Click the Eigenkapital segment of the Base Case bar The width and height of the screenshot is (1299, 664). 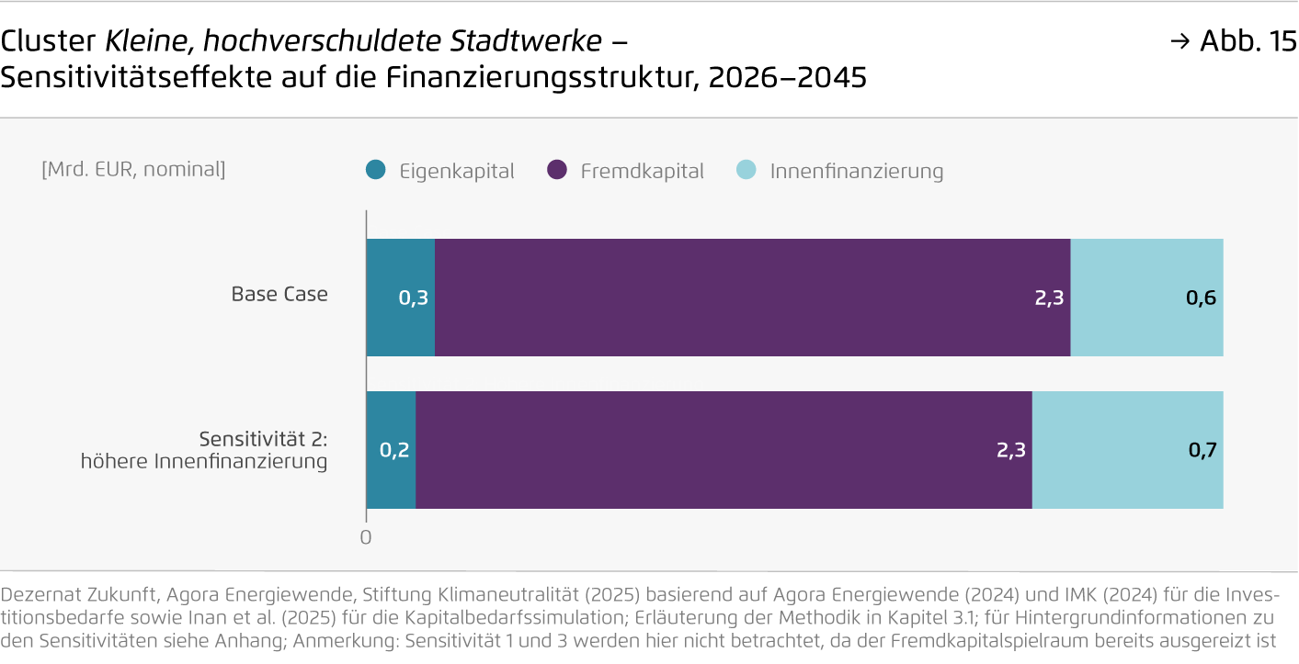(401, 276)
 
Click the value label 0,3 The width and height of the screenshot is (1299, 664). (413, 298)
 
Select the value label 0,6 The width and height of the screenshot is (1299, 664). (1201, 298)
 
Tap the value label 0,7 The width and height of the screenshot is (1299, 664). (1202, 450)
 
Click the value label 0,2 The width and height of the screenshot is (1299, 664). (394, 450)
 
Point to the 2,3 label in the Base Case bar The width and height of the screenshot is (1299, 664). (1048, 298)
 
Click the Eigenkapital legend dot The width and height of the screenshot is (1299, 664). (376, 171)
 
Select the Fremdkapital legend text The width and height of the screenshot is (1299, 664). (642, 172)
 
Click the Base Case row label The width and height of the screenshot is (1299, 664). (279, 295)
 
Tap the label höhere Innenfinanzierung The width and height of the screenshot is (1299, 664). (204, 461)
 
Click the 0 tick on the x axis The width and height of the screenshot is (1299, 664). (366, 537)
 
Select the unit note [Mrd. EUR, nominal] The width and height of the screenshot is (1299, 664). (133, 169)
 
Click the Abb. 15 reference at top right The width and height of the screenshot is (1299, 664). (1247, 41)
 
